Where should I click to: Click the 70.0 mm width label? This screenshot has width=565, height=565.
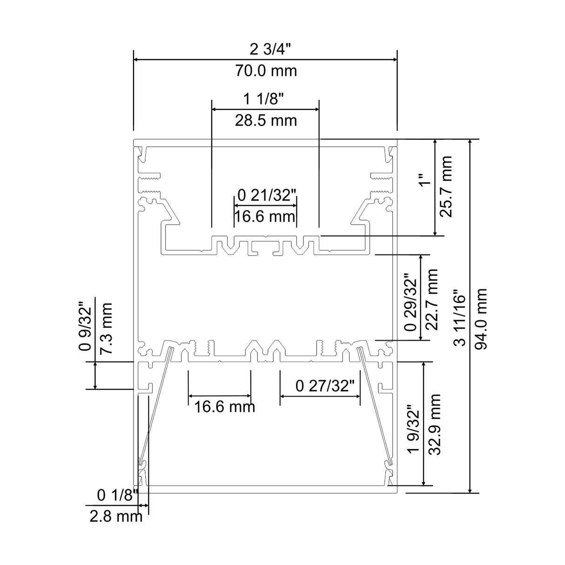[265, 71]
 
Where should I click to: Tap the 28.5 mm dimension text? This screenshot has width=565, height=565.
[265, 121]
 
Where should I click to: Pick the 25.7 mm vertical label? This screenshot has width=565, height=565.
[446, 187]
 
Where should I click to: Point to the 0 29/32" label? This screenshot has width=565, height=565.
[410, 302]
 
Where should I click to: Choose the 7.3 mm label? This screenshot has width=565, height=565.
[107, 329]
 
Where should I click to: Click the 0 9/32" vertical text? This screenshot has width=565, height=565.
[85, 329]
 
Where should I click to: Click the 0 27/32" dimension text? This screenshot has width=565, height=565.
[325, 385]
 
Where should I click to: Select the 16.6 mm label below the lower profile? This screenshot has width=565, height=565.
[224, 407]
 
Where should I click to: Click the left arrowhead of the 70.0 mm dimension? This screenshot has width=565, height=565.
[135, 60]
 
